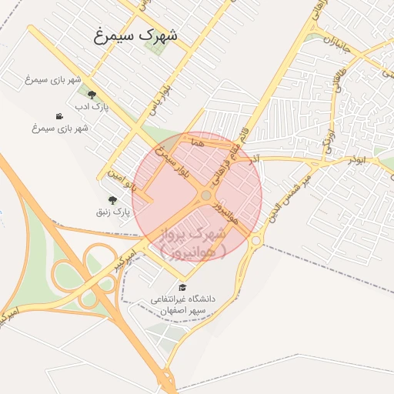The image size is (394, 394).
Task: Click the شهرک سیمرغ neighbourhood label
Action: (x=135, y=35)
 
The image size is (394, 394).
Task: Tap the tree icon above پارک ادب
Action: (x=92, y=95)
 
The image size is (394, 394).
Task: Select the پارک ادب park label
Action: (x=95, y=107)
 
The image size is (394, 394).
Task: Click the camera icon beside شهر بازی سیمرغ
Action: (x=59, y=116)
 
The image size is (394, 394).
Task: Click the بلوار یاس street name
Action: (x=159, y=99)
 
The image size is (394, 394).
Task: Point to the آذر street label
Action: (x=254, y=158)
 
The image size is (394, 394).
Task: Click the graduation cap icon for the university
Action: (x=182, y=287)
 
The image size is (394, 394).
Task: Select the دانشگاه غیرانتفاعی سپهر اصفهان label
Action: (x=185, y=303)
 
